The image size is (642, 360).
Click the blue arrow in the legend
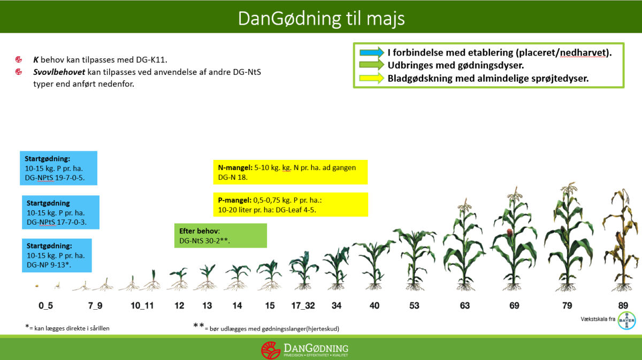372,52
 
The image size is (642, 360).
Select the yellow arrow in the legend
372,78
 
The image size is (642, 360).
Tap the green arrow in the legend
372,65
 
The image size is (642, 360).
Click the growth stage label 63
464,305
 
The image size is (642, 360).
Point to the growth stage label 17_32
303,306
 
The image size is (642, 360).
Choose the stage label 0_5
45,306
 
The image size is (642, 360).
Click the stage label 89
623,305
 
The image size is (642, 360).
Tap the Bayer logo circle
626,320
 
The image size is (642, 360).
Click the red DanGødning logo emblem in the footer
270,350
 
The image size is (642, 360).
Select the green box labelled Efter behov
220,235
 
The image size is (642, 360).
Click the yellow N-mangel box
291,172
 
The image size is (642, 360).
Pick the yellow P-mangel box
291,205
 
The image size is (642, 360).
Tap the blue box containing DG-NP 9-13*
57,255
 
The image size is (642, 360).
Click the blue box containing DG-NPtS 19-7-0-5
58,168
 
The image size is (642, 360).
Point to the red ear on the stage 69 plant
509,233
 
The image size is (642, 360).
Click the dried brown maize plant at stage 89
621,240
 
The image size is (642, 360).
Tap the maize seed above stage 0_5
37,286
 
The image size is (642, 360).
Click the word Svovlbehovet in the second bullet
59,72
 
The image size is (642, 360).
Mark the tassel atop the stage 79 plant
569,188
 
